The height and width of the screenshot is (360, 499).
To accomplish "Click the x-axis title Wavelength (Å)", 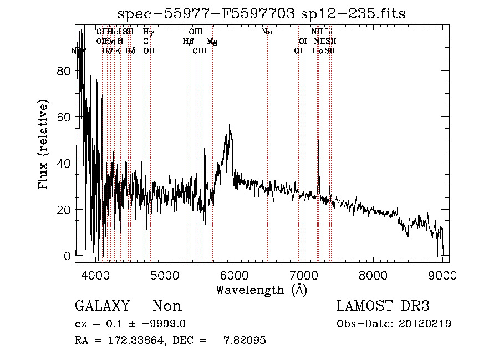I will pos(261,290).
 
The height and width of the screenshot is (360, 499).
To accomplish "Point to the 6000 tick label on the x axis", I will pos(233,274).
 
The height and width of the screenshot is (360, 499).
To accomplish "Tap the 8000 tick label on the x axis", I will pos(373,274).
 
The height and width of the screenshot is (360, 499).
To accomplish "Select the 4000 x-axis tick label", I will pos(94,274).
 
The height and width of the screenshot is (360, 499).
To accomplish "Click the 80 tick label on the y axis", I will pos(64,71).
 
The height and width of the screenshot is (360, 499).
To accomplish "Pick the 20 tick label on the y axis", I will pos(64,210).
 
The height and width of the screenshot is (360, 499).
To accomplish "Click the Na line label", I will pos(267,32).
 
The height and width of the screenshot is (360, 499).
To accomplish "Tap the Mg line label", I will pos(212,42).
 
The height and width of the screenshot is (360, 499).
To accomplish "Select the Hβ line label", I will pos(188,42).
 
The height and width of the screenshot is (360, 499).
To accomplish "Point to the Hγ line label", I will pos(149,32).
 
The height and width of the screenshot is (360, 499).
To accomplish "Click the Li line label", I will pos(329,32).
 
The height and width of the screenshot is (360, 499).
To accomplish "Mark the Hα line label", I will pos(318,51).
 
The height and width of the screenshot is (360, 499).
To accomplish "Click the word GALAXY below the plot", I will pos(102,306).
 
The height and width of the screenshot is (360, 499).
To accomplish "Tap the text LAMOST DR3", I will pos(383,306).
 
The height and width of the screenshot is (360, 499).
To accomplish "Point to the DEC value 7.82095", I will pos(245,341).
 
